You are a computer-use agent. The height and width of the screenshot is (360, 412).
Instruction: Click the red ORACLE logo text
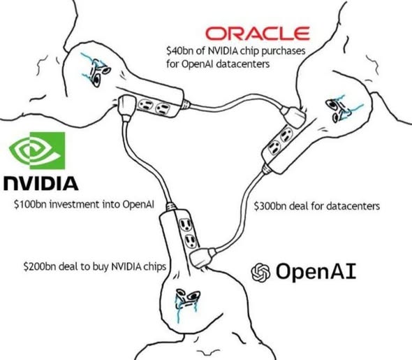[258, 33]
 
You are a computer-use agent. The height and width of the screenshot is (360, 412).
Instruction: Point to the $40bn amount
[177, 51]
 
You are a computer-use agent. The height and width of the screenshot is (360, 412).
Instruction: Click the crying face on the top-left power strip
[92, 68]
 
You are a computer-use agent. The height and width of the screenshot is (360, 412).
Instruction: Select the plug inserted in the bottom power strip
[200, 257]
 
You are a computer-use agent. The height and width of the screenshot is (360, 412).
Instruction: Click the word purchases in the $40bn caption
[277, 51]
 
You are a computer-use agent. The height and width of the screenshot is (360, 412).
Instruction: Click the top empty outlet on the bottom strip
[186, 224]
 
